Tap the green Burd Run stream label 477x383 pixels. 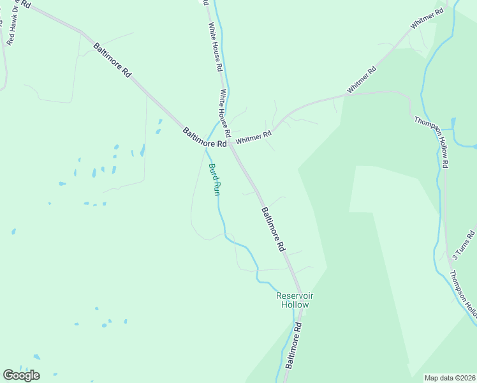click(x=214, y=179)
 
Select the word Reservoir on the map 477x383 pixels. click(x=295, y=296)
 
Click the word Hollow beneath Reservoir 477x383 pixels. click(x=295, y=304)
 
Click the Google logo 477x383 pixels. click(x=21, y=375)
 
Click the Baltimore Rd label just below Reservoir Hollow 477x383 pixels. click(x=293, y=345)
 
